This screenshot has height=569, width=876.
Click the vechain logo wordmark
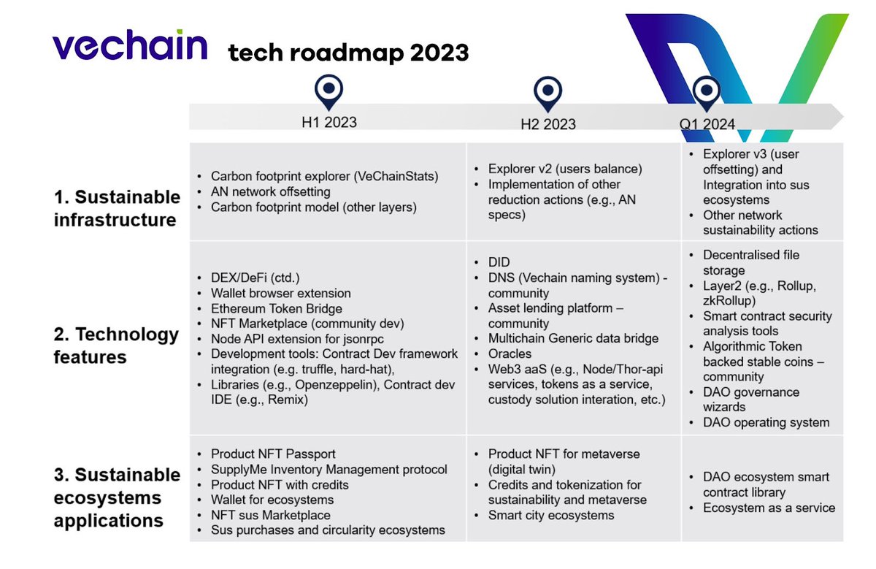point(129,46)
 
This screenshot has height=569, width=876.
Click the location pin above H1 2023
point(329,91)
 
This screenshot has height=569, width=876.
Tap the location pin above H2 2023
point(547,91)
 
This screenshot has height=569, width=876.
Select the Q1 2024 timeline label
point(707,124)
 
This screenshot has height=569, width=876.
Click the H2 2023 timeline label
point(547,124)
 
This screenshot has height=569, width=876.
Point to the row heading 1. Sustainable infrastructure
point(117,208)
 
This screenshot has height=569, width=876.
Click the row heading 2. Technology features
point(117,345)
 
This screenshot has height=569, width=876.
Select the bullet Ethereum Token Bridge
point(277,308)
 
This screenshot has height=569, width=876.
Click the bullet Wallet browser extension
point(281,293)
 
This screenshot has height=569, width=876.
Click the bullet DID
point(499,261)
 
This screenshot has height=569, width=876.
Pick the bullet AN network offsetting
point(271,191)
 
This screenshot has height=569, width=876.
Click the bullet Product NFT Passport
point(273,454)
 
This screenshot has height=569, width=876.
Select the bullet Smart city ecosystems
point(551,515)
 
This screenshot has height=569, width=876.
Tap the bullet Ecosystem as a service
point(769,508)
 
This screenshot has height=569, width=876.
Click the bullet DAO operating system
point(766,422)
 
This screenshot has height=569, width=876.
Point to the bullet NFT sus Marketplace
point(270,515)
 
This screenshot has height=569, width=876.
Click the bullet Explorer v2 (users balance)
point(565,169)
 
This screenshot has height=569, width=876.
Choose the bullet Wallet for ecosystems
point(272,500)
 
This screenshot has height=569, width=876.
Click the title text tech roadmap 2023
point(347,53)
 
